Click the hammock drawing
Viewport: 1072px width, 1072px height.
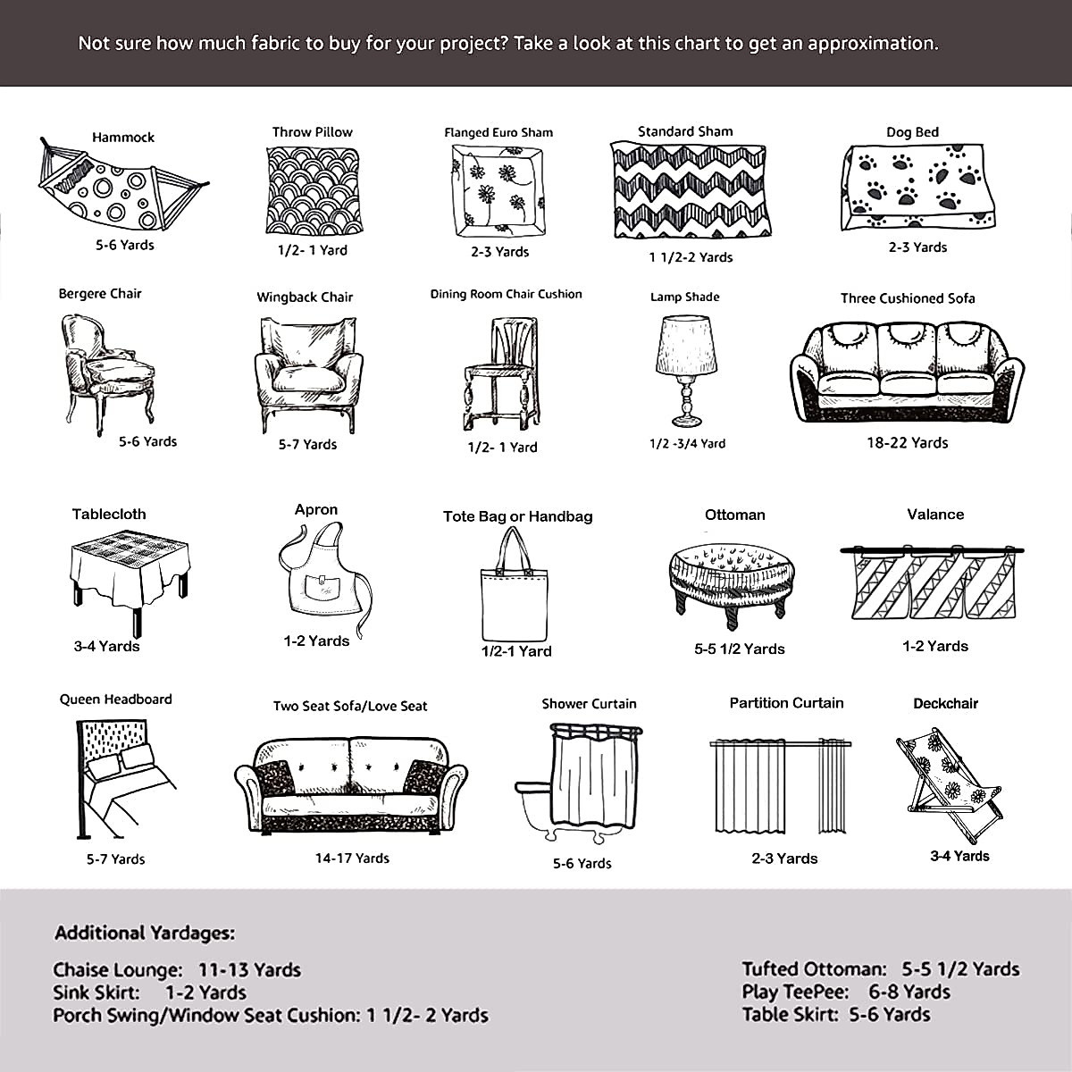pos(121,188)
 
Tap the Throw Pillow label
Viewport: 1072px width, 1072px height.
pos(312,132)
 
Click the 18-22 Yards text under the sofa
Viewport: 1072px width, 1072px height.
pos(907,442)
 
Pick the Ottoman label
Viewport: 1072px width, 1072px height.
pos(734,515)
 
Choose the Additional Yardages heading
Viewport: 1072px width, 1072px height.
pos(145,934)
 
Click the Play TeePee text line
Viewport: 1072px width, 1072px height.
pos(845,992)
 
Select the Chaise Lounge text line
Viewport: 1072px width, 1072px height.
pos(177,969)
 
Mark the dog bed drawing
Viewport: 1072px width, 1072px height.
pos(916,188)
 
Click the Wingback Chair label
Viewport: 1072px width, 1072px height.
pos(305,297)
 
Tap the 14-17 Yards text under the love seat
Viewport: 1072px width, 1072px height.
pos(352,858)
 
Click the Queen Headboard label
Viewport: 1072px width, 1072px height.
pos(115,699)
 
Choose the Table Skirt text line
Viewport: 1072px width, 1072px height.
pos(835,1015)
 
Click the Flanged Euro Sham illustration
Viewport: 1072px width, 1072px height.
pos(498,191)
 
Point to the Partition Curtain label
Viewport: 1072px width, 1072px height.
pos(786,703)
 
